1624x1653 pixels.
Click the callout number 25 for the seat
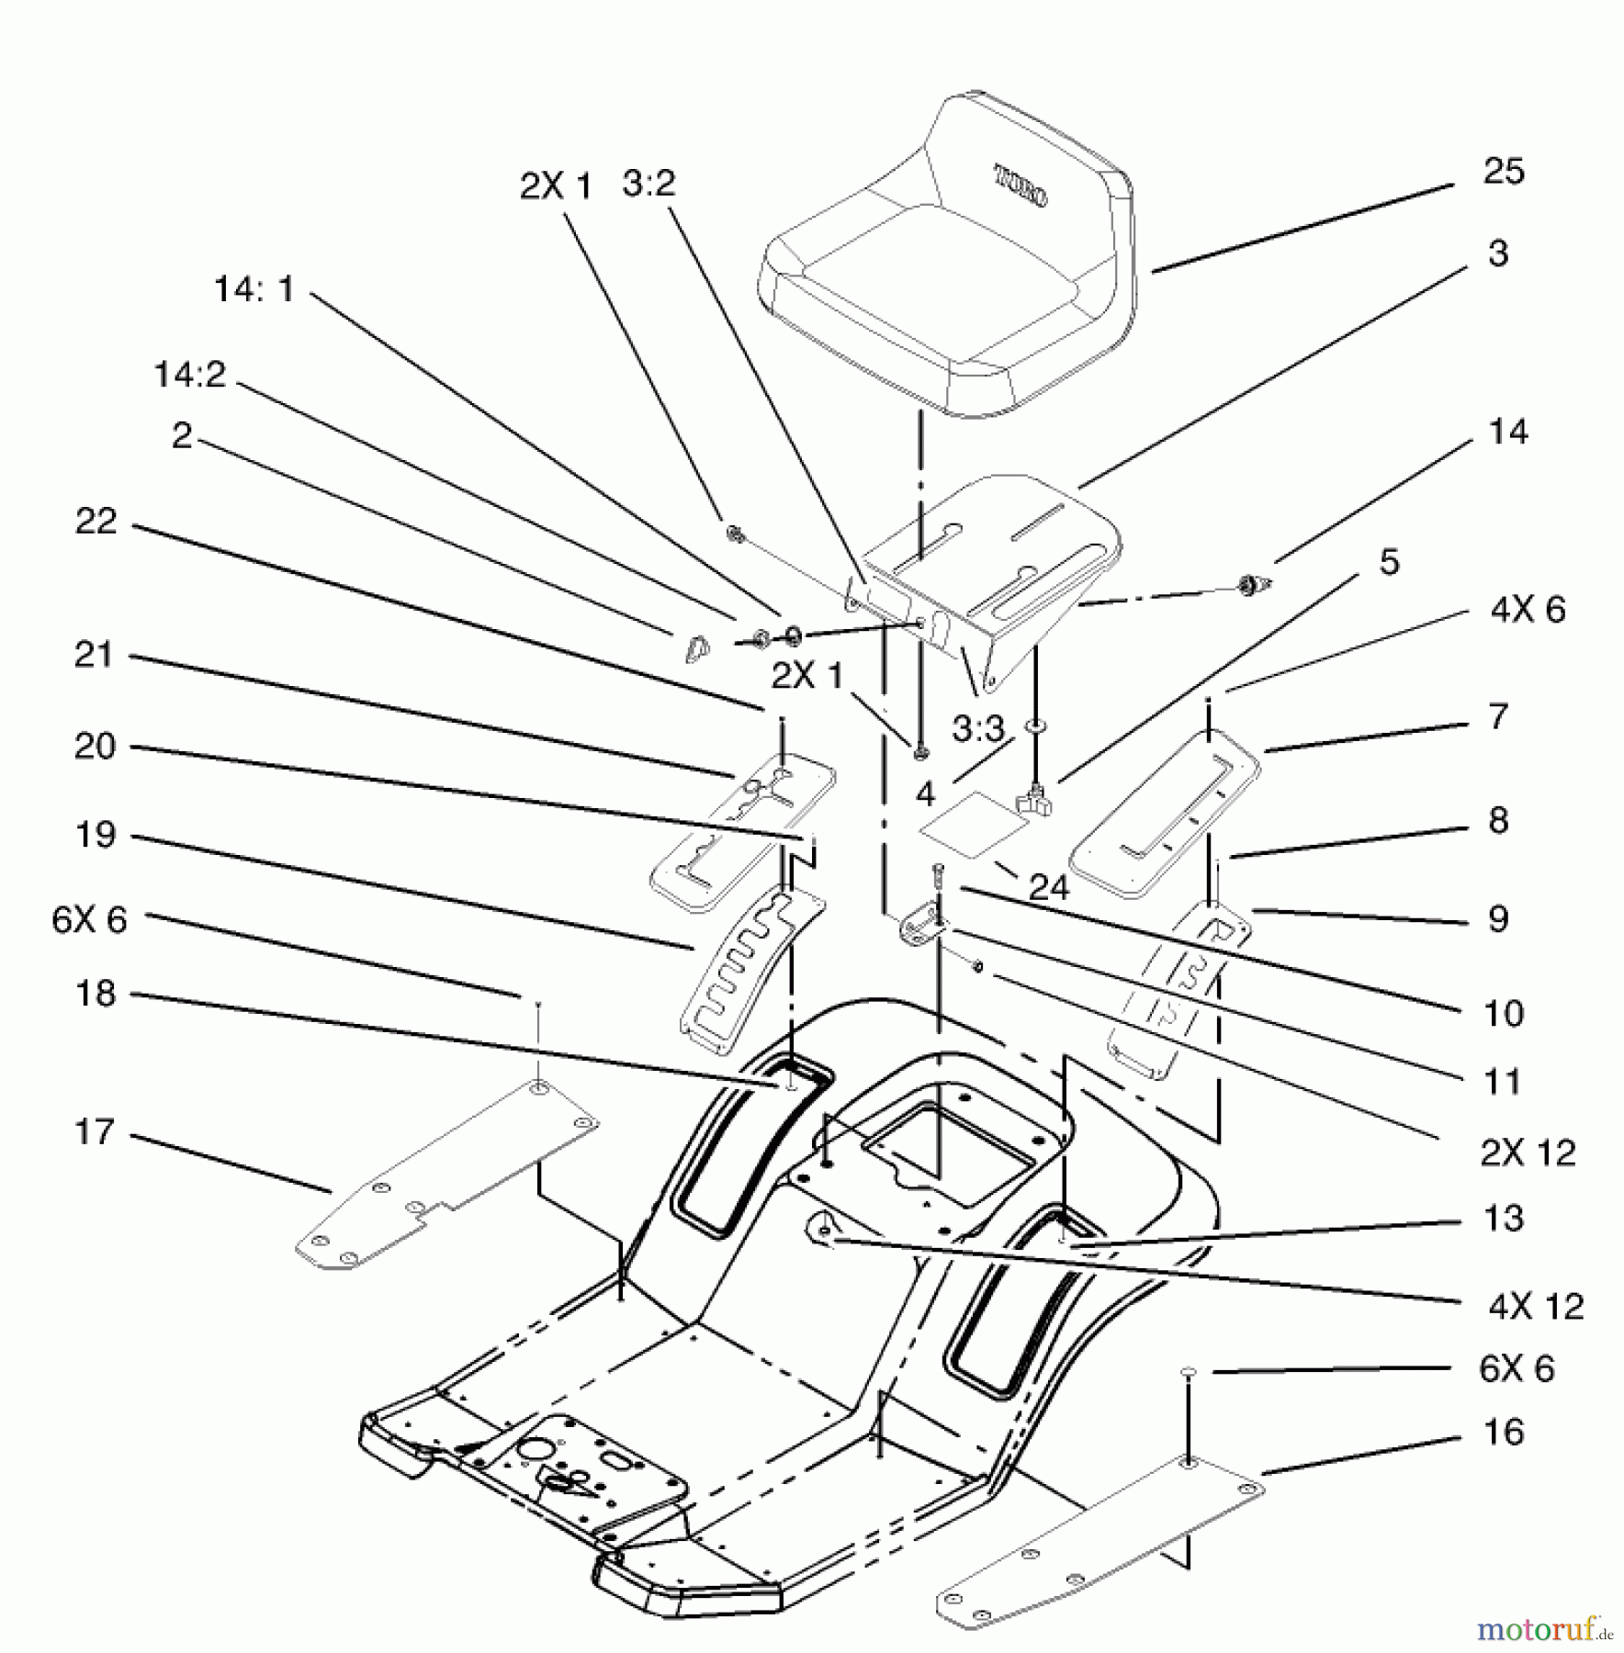(1504, 172)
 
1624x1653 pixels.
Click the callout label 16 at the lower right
(1504, 1432)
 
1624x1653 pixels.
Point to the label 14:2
(189, 375)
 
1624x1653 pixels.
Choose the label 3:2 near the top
(648, 184)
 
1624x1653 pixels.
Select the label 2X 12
(1528, 1153)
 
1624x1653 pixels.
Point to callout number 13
(1504, 1219)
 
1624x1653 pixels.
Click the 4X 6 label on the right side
(1528, 610)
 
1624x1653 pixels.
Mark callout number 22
(96, 522)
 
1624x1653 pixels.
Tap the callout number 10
(1504, 1014)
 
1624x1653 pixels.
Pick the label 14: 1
(254, 289)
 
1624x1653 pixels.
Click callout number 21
(94, 655)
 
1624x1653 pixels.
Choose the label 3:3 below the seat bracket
(978, 729)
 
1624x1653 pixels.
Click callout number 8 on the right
(1498, 820)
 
